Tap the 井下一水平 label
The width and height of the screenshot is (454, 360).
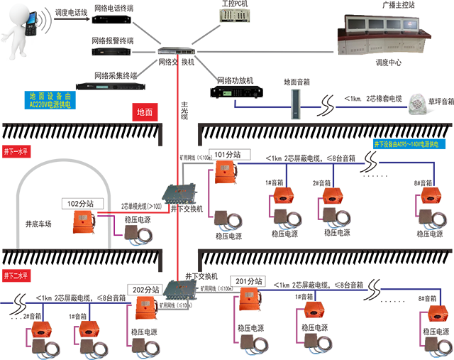[x=21, y=153]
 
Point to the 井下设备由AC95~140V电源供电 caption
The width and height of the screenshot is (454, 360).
[x=407, y=144]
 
